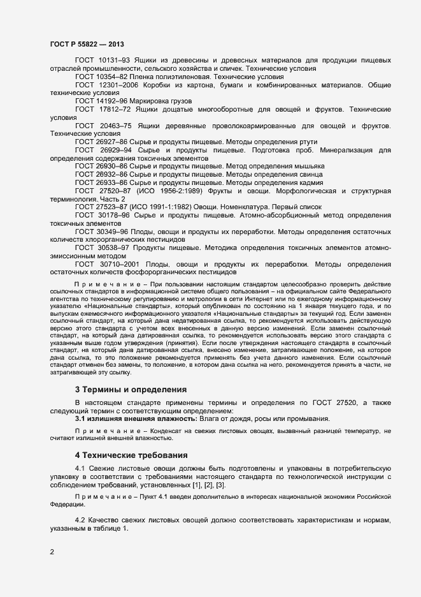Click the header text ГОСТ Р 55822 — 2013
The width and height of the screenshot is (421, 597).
[86, 45]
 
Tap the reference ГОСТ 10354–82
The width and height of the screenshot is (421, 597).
[99, 76]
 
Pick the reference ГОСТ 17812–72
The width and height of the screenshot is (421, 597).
[102, 109]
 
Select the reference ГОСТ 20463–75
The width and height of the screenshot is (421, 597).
[102, 126]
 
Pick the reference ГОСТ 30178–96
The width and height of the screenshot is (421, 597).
[102, 216]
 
